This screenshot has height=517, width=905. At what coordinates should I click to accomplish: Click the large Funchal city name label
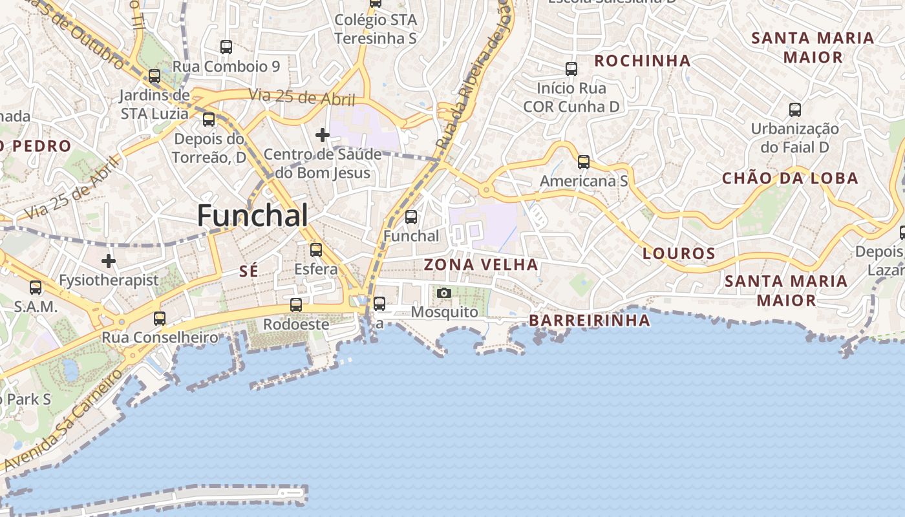pyautogui.click(x=252, y=215)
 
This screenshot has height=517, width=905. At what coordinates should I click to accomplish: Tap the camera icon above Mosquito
pyautogui.click(x=444, y=293)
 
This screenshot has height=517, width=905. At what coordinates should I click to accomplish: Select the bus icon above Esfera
pyautogui.click(x=316, y=249)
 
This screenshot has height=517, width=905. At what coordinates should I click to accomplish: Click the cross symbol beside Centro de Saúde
pyautogui.click(x=322, y=135)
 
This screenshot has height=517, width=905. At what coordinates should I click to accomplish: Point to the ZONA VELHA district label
pyautogui.click(x=481, y=264)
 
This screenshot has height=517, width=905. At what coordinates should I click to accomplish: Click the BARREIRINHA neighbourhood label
pyautogui.click(x=590, y=321)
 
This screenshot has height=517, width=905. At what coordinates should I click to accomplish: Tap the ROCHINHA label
pyautogui.click(x=642, y=61)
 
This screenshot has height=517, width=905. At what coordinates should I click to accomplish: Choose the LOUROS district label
pyautogui.click(x=679, y=253)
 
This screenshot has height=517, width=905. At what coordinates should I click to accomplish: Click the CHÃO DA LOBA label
pyautogui.click(x=790, y=178)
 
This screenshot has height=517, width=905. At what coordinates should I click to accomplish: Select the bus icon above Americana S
pyautogui.click(x=584, y=162)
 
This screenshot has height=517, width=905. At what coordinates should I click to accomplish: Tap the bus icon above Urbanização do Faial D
pyautogui.click(x=795, y=110)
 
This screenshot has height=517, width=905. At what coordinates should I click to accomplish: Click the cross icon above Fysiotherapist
pyautogui.click(x=109, y=261)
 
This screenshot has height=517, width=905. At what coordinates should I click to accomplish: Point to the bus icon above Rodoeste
pyautogui.click(x=296, y=305)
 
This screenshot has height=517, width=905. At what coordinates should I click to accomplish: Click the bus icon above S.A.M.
pyautogui.click(x=36, y=288)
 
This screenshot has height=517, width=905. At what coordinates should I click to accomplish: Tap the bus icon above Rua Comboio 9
pyautogui.click(x=226, y=47)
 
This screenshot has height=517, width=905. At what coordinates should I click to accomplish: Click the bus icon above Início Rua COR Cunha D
pyautogui.click(x=571, y=69)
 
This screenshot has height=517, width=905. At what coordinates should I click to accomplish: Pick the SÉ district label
pyautogui.click(x=249, y=271)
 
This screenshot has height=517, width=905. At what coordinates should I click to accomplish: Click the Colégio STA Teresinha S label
pyautogui.click(x=376, y=29)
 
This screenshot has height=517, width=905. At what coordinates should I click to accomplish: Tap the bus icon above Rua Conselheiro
pyautogui.click(x=160, y=318)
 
